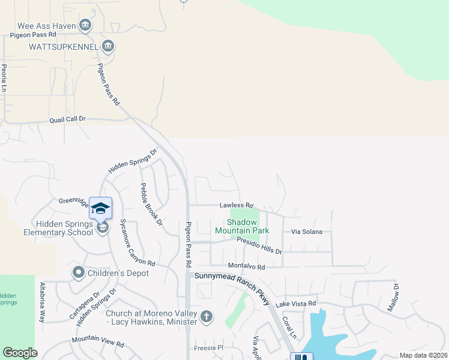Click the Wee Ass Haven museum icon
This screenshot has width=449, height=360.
[x=85, y=25]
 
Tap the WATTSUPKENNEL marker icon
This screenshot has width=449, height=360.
[x=108, y=46]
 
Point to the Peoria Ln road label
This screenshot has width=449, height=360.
[x=4, y=78]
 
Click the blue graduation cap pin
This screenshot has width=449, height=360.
[x=100, y=208]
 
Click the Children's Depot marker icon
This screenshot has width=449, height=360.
[x=78, y=273]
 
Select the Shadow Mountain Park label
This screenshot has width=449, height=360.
[x=242, y=226]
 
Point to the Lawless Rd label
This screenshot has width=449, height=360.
[x=237, y=205]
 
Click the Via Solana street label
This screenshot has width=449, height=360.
[x=307, y=232]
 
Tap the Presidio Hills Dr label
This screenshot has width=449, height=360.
[x=259, y=245]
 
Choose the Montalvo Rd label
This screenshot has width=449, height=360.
[x=246, y=266]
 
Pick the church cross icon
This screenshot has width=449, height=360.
[x=206, y=316]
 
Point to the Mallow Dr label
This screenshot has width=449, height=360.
[x=393, y=298]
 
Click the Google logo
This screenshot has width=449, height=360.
[x=20, y=353]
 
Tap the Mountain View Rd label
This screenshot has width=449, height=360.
[x=97, y=343]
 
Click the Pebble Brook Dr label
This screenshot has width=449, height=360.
[x=151, y=204]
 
